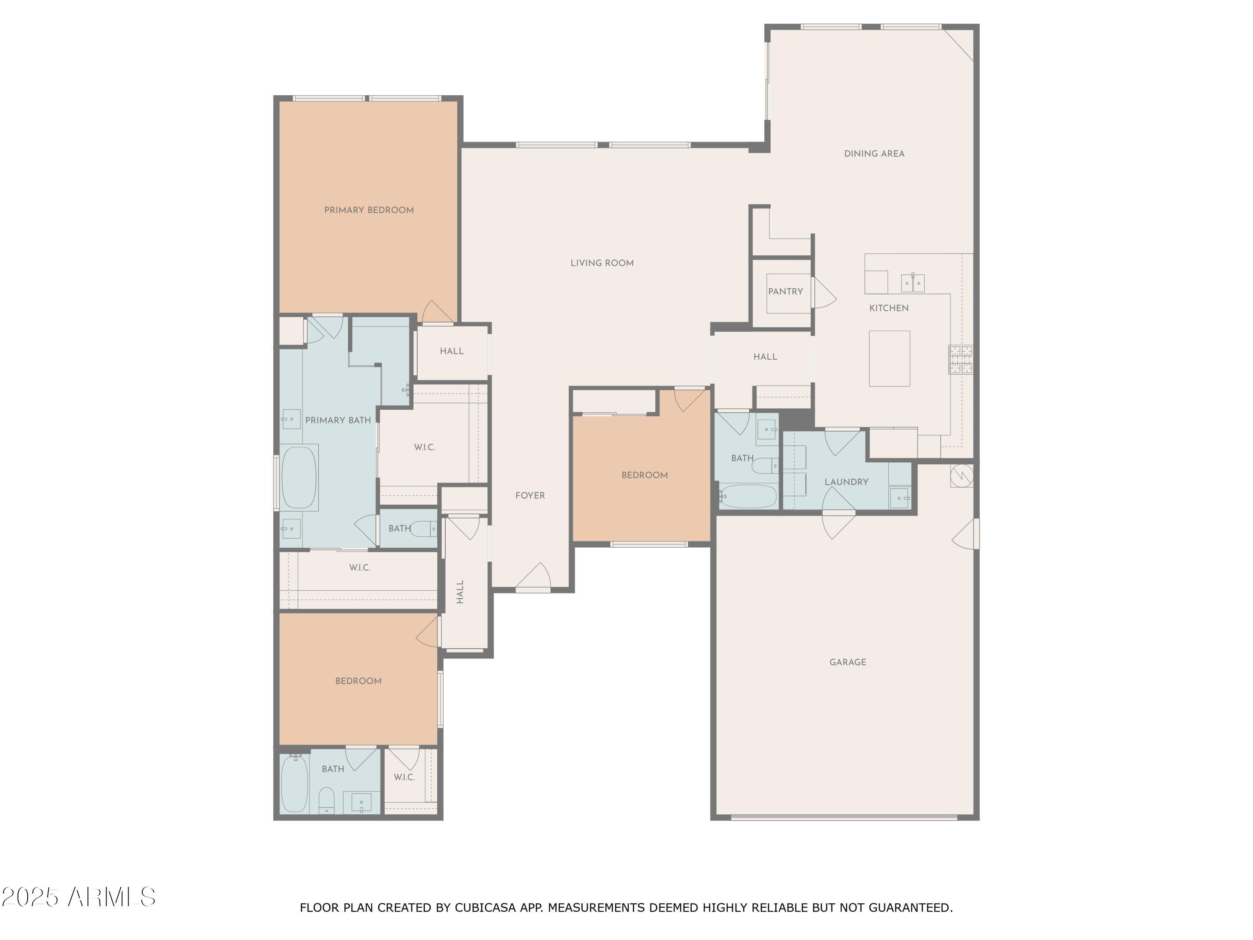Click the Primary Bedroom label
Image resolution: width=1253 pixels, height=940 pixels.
pyautogui.click(x=369, y=210)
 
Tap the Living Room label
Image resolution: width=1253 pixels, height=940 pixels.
pyautogui.click(x=602, y=263)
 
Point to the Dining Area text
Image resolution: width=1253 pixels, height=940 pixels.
pyautogui.click(x=874, y=154)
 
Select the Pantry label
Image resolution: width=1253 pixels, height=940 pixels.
pyautogui.click(x=785, y=291)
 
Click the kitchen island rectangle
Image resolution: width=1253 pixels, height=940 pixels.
pyautogui.click(x=889, y=358)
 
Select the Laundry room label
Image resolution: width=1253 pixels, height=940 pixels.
pyautogui.click(x=846, y=482)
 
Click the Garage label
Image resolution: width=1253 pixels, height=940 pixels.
pyautogui.click(x=847, y=662)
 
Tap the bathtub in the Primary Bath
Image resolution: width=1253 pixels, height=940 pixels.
pyautogui.click(x=299, y=478)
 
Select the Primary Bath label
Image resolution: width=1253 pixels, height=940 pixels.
pyautogui.click(x=338, y=420)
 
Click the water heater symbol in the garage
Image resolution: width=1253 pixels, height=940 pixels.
pyautogui.click(x=962, y=475)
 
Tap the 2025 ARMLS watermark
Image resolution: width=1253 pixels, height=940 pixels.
pyautogui.click(x=79, y=897)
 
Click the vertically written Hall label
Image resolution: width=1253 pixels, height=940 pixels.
pyautogui.click(x=460, y=592)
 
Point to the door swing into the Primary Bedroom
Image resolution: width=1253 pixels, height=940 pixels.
pyautogui.click(x=437, y=312)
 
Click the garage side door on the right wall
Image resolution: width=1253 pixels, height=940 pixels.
pyautogui.click(x=966, y=534)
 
